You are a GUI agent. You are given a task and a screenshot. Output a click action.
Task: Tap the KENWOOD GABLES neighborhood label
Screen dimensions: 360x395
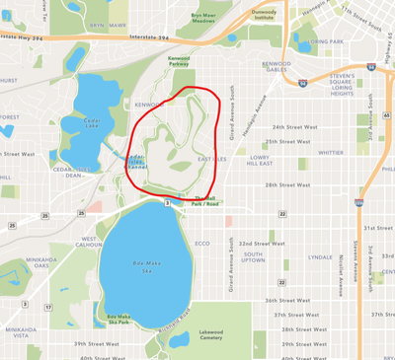click(x=277, y=67)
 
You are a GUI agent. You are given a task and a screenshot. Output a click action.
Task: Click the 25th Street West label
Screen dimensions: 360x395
click(x=286, y=141)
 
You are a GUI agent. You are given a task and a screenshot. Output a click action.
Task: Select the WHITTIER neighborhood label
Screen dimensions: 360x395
click(x=331, y=153)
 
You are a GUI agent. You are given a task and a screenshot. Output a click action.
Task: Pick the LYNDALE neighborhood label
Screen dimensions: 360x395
click(x=320, y=256)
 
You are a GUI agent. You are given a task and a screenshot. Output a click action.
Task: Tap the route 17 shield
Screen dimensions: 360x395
click(x=47, y=307)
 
